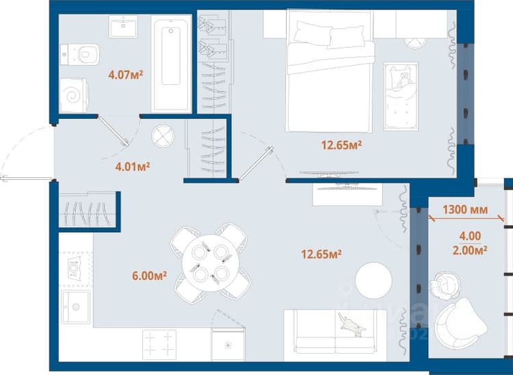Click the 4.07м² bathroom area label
126,75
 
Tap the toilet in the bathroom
79,54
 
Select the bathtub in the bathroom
171,64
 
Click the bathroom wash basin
123,27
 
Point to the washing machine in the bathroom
74,95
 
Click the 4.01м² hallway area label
133,166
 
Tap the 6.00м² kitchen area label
150,276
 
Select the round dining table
211,263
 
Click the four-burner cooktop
159,345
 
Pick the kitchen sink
75,307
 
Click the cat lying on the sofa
352,324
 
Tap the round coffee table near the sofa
373,281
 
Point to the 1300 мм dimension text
465,209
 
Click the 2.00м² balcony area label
470,250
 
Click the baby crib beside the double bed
401,96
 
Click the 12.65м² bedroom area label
341,144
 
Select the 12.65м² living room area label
321,254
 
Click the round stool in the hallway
163,135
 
